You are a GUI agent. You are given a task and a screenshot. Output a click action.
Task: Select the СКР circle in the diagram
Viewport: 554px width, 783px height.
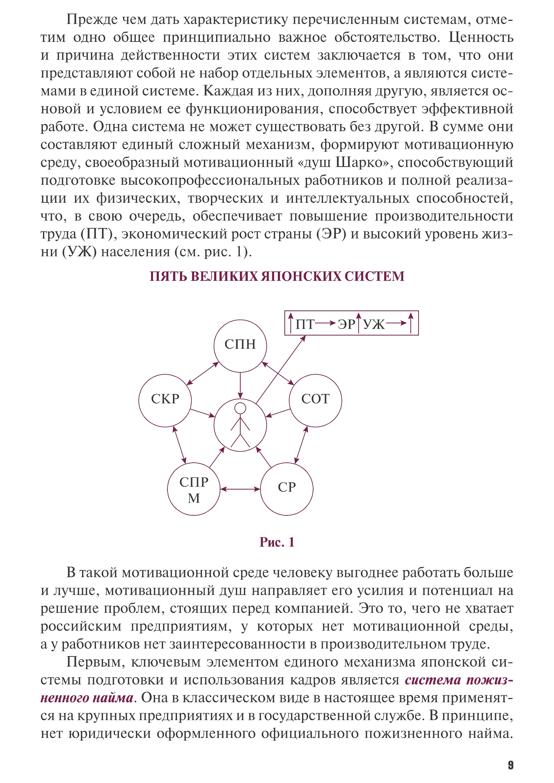(165, 400)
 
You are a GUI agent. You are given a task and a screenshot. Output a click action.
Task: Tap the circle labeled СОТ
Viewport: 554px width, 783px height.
(315, 400)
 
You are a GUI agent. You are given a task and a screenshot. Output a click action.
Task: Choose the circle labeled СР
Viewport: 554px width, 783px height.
(287, 489)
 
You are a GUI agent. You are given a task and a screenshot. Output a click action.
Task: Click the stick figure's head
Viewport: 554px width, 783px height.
(240, 408)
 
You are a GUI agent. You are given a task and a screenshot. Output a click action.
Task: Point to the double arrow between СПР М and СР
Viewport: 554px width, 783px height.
(240, 489)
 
